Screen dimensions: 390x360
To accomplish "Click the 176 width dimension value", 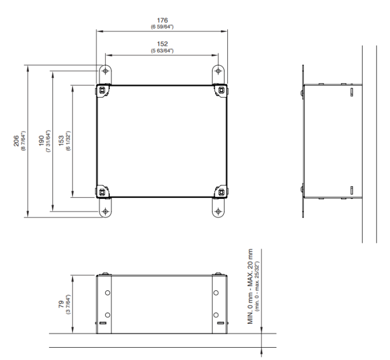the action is click(162, 20).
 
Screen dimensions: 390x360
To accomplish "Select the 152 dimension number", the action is click(162, 44).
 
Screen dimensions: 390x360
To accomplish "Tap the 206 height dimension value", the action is click(16, 140).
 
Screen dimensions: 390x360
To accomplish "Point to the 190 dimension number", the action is click(41, 140).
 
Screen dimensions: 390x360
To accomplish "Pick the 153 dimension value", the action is click(61, 140).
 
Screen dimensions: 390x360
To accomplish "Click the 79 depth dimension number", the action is click(61, 304).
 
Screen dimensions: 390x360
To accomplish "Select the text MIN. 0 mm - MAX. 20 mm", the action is click(250, 286).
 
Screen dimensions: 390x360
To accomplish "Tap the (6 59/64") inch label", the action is click(162, 27).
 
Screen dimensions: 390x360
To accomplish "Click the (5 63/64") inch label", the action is click(162, 51).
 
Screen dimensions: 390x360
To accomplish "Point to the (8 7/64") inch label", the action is click(23, 140).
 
